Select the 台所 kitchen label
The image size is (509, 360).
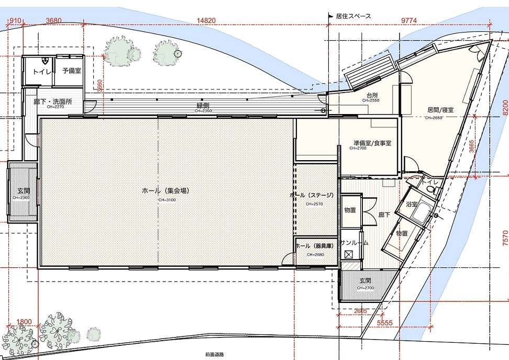372,95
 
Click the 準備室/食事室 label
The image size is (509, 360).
372,143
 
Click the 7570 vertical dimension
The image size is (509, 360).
504,238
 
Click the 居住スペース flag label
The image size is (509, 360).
352,16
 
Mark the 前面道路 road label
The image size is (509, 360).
215,354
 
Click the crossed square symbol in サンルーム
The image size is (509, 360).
348,254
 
